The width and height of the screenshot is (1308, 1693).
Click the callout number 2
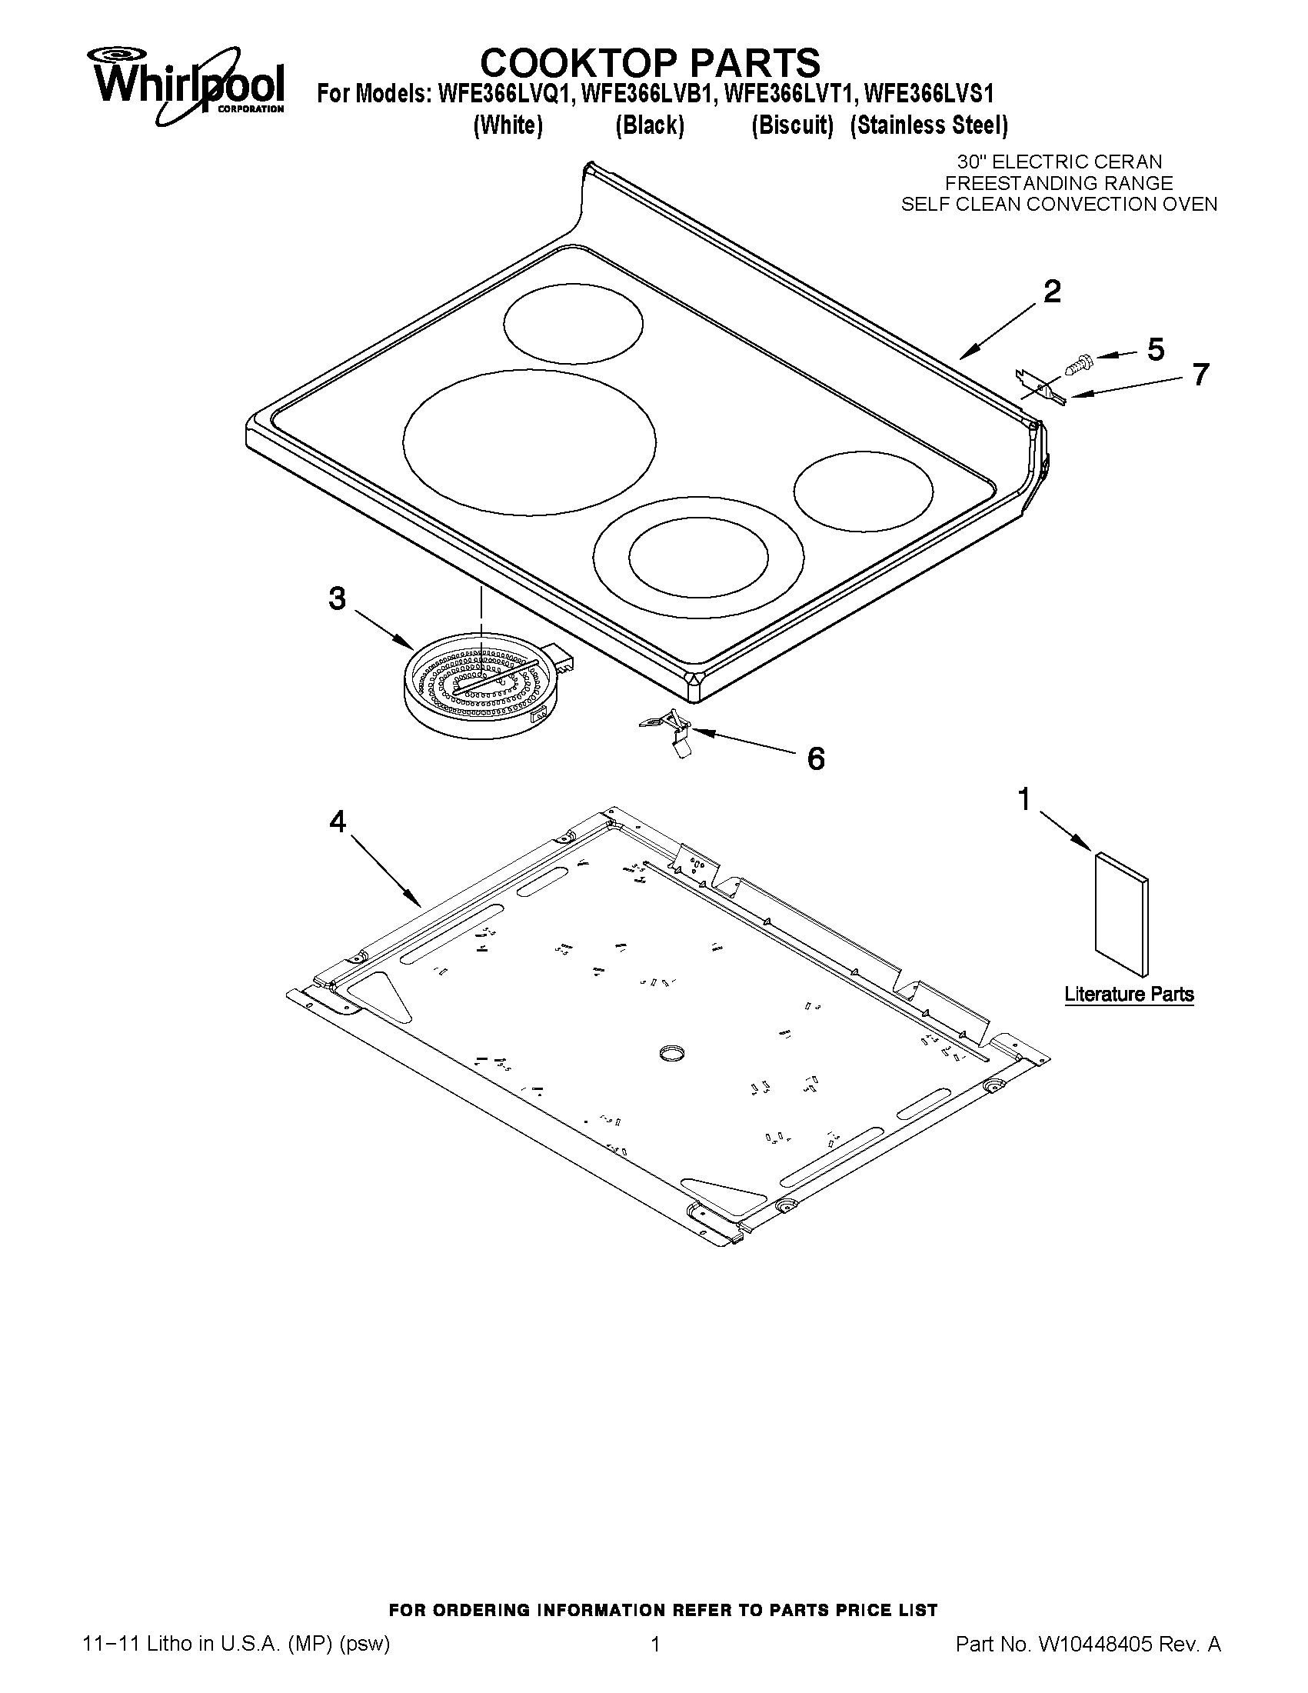(1051, 292)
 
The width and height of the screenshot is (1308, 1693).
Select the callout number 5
(1154, 350)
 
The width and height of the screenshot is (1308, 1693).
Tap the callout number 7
(1200, 375)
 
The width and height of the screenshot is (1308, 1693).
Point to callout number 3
(337, 598)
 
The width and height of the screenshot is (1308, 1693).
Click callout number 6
(815, 759)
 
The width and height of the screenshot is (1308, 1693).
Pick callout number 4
(337, 822)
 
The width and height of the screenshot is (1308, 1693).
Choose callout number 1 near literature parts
(1024, 799)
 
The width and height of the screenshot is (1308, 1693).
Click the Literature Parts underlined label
(1128, 995)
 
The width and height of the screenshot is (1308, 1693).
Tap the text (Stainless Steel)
(928, 125)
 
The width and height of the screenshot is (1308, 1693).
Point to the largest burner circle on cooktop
(529, 442)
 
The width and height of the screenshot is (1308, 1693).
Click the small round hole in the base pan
(671, 1052)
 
